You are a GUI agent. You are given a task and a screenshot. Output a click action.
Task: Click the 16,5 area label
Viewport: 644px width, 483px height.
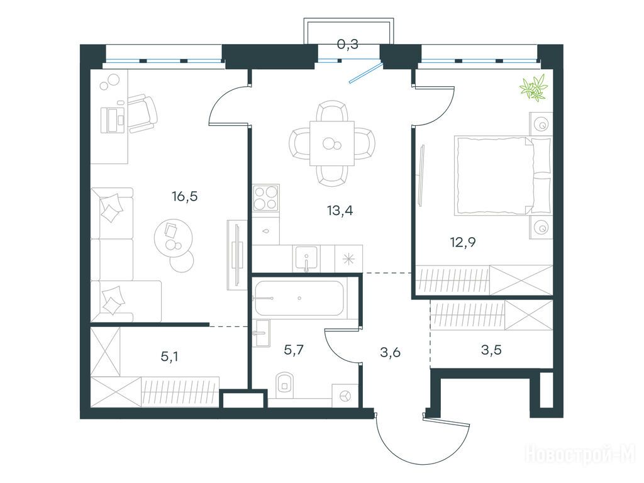185,197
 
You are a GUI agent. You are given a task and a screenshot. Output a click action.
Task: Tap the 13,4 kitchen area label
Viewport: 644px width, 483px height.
340,211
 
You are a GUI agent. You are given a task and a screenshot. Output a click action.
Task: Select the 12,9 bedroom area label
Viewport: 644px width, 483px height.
463,242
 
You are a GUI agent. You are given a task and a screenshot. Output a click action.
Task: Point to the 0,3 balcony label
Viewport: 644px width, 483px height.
347,43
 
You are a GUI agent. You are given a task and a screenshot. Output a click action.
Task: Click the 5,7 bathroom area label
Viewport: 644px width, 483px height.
294,350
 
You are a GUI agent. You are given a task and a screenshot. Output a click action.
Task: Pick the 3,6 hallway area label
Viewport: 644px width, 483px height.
390,352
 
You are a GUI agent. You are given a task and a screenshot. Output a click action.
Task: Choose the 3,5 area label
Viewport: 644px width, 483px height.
491,350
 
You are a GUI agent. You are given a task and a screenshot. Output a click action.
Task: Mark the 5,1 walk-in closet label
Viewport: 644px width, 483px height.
169,357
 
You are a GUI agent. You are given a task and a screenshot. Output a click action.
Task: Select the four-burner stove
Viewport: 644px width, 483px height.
266,197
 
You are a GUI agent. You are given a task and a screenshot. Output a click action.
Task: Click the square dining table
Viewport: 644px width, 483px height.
332,143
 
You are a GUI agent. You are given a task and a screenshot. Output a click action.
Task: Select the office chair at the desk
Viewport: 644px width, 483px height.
143,114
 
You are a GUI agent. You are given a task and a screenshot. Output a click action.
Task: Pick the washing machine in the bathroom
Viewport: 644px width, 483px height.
345,396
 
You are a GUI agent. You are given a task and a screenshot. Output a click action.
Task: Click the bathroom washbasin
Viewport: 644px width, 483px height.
260,333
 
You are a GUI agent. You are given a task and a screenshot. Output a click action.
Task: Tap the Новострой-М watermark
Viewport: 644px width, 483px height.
580,455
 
